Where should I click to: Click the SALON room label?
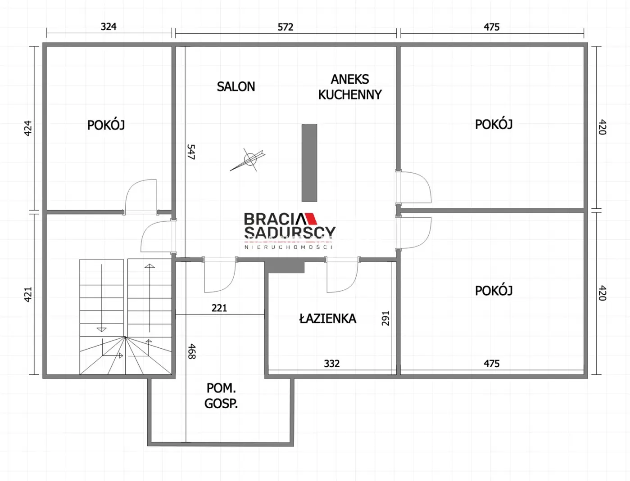point(236,86)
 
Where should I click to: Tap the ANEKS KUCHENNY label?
point(350,87)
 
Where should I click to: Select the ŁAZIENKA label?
point(327,318)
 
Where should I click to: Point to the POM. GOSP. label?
point(221,396)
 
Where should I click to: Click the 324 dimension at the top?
point(109,27)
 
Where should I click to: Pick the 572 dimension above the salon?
point(286,27)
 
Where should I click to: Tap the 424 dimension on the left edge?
point(28,128)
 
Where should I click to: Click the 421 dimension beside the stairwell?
point(28,294)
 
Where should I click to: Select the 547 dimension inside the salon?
point(191,152)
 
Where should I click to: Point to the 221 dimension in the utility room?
point(219,308)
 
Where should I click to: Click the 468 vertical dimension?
point(191,351)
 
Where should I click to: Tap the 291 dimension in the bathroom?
point(385,318)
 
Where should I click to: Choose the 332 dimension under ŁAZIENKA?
point(332,364)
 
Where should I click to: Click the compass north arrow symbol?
point(248,160)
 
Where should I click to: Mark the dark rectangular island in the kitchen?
point(309,163)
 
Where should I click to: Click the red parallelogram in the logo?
point(311,218)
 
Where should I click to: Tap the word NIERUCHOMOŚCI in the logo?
point(289,247)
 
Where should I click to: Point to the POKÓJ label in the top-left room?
point(106,125)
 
